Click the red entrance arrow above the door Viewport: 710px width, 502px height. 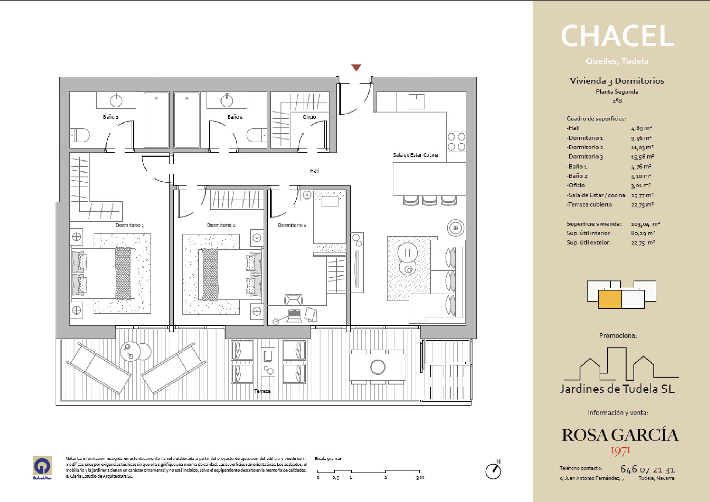pos(356,67)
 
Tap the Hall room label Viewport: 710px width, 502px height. pos(314,171)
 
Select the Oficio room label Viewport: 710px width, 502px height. pos(309,117)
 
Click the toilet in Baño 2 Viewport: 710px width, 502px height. pos(80,135)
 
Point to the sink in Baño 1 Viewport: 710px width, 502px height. pos(227,100)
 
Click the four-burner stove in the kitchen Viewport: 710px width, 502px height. pos(456,142)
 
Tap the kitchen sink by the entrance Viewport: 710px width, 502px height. pos(416,102)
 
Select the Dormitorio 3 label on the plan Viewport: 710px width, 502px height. pos(130,225)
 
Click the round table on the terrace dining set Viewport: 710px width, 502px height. pos(378,367)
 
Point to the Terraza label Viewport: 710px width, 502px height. pos(262,391)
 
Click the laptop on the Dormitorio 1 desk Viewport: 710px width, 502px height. pos(294,316)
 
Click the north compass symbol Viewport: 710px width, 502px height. pos(493,471)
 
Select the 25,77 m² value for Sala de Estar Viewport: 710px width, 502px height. pos(642,195)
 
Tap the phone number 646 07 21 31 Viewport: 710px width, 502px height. pos(648,469)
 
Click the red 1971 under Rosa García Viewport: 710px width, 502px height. pos(620,451)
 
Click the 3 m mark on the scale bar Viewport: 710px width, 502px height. pos(420,478)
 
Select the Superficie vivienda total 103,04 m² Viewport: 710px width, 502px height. pos(645,224)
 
